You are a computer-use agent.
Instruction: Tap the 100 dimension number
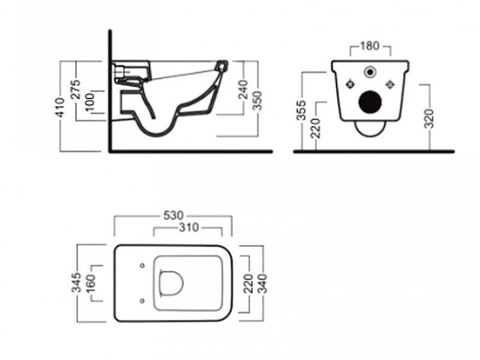click(90, 101)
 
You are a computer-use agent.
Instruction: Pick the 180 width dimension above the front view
click(370, 46)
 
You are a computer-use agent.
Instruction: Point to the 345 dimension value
click(77, 283)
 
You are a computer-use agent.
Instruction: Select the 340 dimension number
click(261, 283)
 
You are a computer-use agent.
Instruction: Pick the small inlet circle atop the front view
click(371, 71)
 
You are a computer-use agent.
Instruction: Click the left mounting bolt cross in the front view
click(350, 84)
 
